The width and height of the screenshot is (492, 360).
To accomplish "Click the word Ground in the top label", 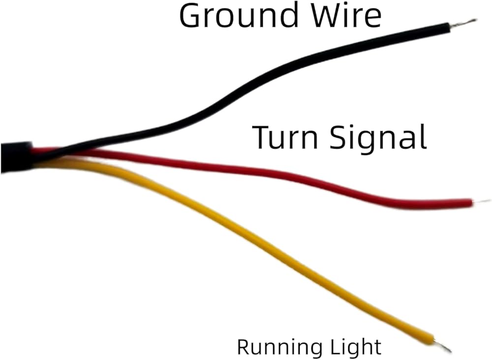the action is [x=238, y=16].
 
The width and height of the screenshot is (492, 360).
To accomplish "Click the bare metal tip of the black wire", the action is [x=464, y=23].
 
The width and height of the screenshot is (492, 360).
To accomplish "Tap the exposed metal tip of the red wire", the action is [x=481, y=201].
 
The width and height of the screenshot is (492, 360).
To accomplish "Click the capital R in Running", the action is [x=245, y=347].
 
